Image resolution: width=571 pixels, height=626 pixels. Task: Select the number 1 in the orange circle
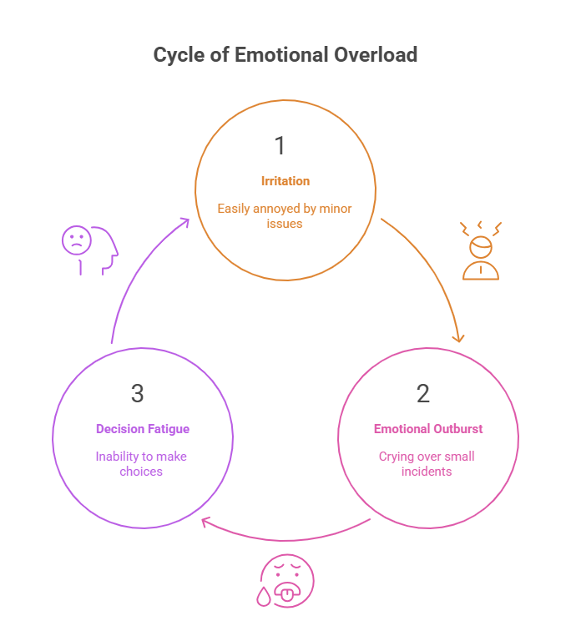pyautogui.click(x=280, y=146)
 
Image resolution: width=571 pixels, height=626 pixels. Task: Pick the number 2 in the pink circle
pyautogui.click(x=423, y=392)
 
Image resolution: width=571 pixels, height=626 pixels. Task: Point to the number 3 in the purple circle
pyautogui.click(x=138, y=392)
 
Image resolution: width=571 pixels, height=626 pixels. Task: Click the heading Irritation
pyautogui.click(x=285, y=181)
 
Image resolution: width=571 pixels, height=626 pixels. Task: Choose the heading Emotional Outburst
pyautogui.click(x=428, y=429)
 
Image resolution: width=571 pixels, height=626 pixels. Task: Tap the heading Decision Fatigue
pyautogui.click(x=142, y=429)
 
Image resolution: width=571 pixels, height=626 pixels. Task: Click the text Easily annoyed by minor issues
pyautogui.click(x=285, y=215)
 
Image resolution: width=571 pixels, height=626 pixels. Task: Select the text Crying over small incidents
pyautogui.click(x=427, y=464)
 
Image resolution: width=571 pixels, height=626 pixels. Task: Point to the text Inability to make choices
pyautogui.click(x=140, y=464)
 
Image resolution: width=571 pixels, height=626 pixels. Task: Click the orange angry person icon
pyautogui.click(x=481, y=250)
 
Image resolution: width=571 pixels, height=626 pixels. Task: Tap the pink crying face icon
pyautogui.click(x=286, y=579)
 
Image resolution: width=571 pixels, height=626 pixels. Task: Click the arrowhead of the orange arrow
pyautogui.click(x=457, y=338)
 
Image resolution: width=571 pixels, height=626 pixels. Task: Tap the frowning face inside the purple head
pyautogui.click(x=76, y=240)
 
